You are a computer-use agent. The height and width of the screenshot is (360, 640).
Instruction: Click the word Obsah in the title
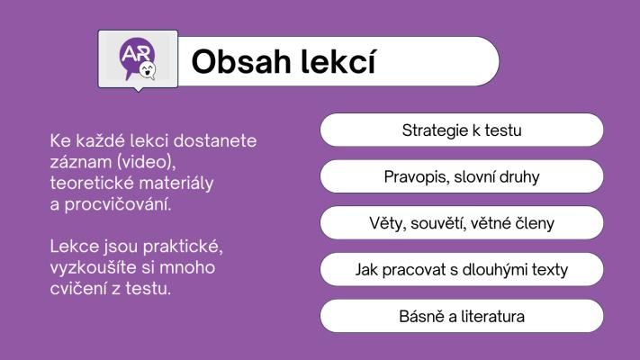(x=241, y=62)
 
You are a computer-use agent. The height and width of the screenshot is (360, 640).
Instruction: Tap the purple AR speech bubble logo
(x=136, y=58)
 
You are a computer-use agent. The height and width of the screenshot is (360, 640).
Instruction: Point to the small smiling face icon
(x=148, y=70)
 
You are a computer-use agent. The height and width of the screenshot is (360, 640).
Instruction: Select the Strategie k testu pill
(x=462, y=130)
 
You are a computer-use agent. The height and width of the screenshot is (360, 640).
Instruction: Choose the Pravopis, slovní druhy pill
(x=462, y=176)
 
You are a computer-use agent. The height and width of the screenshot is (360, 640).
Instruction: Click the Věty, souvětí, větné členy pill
(x=462, y=223)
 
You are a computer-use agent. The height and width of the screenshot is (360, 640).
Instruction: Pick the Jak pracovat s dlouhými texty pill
(x=462, y=269)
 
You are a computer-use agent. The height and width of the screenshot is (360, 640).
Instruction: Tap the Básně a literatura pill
(x=462, y=316)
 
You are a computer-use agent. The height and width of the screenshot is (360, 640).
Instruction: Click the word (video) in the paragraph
(x=146, y=162)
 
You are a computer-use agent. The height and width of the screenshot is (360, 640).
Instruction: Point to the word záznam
(x=81, y=162)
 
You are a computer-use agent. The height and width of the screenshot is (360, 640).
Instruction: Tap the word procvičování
(x=118, y=204)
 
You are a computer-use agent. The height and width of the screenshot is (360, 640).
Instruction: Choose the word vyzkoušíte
(x=94, y=268)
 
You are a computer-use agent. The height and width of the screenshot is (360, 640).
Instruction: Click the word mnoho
(x=187, y=268)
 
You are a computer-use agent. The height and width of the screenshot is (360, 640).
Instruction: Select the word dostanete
(x=215, y=140)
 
